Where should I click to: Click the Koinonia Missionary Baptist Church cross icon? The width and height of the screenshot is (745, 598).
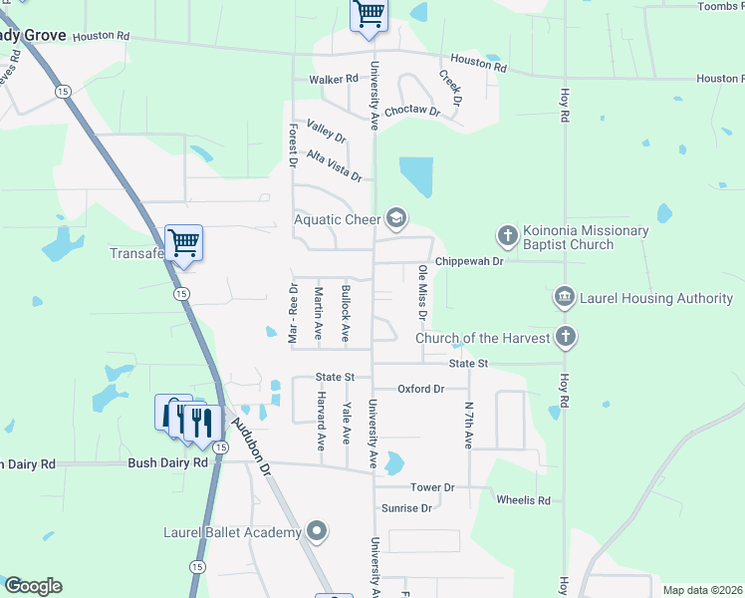(x=507, y=236)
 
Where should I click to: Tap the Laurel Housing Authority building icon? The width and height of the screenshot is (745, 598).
(x=565, y=297)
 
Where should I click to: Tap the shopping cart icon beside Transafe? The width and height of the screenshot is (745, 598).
(x=183, y=241)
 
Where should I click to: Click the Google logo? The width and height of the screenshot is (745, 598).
(x=32, y=586)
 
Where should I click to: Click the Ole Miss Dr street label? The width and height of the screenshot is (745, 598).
(x=423, y=292)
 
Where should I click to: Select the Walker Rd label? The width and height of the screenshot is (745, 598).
(x=333, y=79)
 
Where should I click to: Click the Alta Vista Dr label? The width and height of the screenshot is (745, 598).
(x=334, y=164)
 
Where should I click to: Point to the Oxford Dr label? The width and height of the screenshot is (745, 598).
(x=420, y=389)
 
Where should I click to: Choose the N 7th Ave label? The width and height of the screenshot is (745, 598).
(x=468, y=425)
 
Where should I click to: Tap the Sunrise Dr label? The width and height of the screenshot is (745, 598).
(x=405, y=507)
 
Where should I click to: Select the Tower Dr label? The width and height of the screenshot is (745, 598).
(x=432, y=487)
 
